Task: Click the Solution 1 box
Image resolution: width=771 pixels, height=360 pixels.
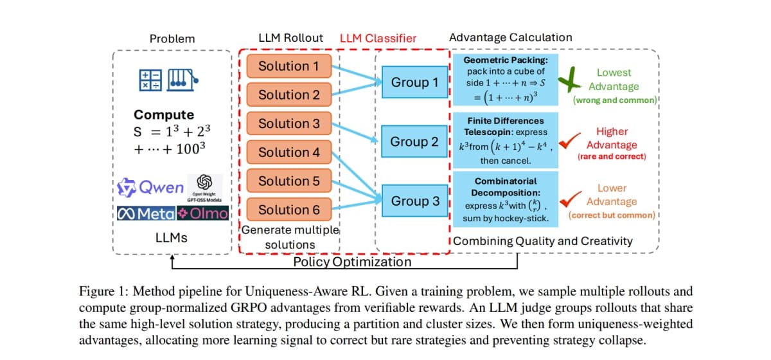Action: click(x=288, y=66)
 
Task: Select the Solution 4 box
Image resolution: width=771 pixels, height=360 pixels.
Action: click(x=288, y=152)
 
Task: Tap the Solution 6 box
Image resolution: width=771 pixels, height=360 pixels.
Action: click(x=288, y=210)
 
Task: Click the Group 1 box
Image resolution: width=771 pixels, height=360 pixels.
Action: click(x=415, y=82)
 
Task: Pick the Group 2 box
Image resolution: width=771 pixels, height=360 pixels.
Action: click(x=415, y=141)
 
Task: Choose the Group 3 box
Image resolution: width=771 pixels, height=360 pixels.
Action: click(x=415, y=201)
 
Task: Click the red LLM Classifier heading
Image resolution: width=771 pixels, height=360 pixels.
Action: click(x=378, y=38)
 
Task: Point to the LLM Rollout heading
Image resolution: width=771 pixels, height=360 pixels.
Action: click(x=290, y=38)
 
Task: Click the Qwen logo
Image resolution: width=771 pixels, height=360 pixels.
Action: click(x=151, y=188)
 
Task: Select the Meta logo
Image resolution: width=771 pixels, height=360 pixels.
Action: click(x=147, y=213)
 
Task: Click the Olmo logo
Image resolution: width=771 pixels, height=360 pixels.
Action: click(x=204, y=213)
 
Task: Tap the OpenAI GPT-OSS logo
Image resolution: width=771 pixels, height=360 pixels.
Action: click(x=204, y=186)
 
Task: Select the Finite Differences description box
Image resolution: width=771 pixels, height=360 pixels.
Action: click(x=504, y=140)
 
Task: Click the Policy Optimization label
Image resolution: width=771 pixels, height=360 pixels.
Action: click(x=352, y=262)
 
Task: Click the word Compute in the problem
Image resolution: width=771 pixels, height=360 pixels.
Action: click(x=163, y=115)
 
